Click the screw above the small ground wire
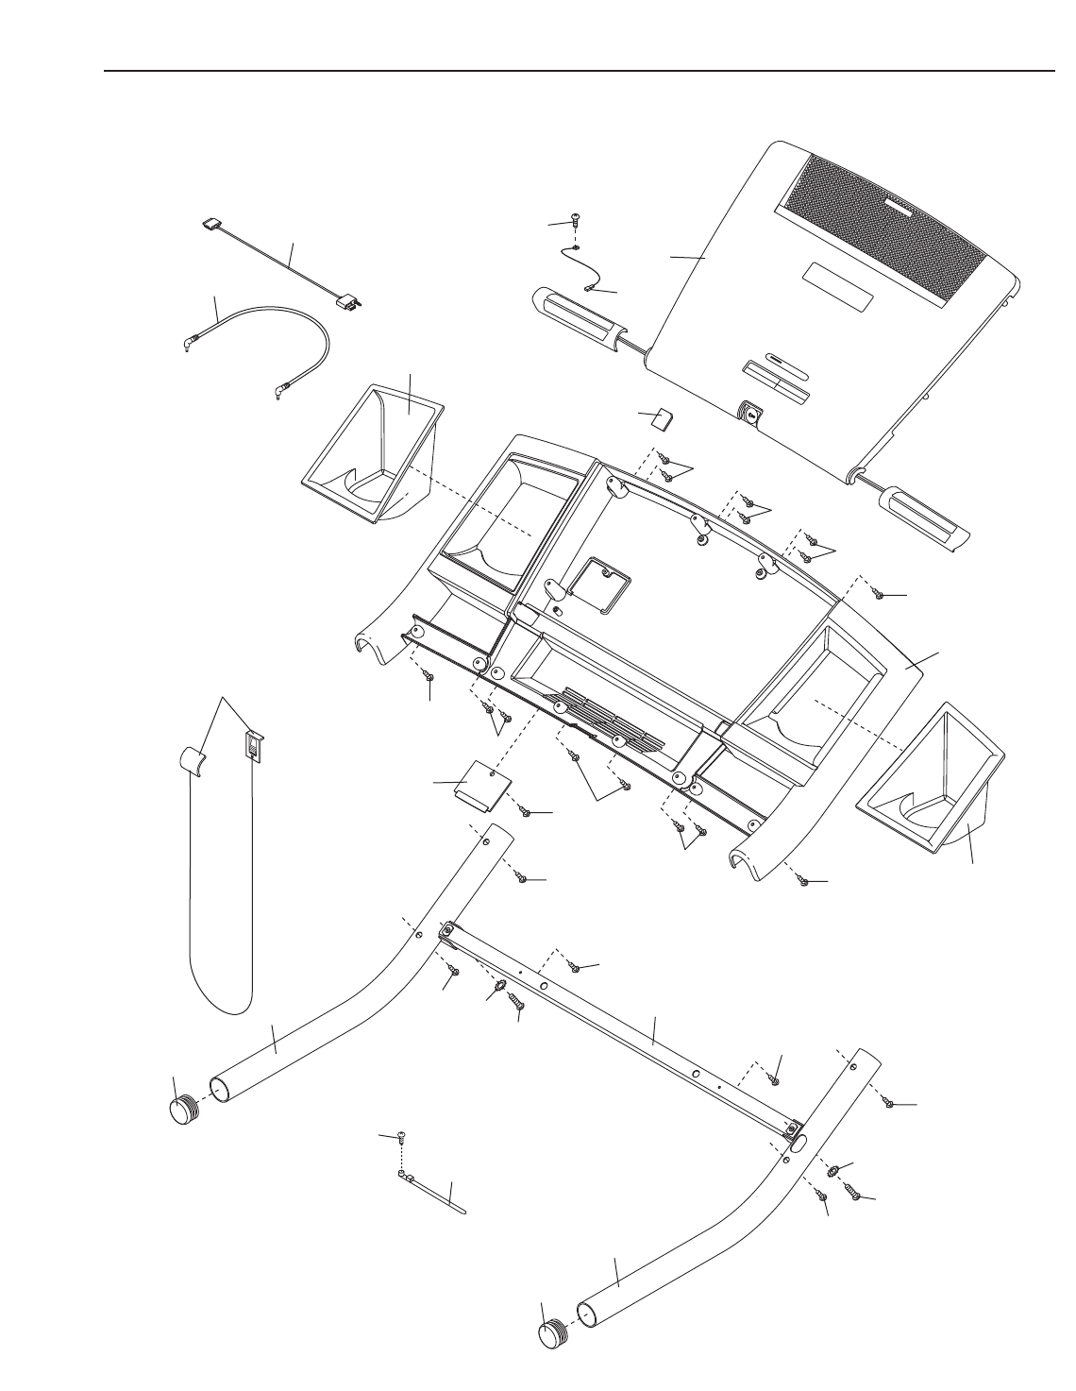tap(574, 221)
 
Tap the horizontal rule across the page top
tap(579, 70)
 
